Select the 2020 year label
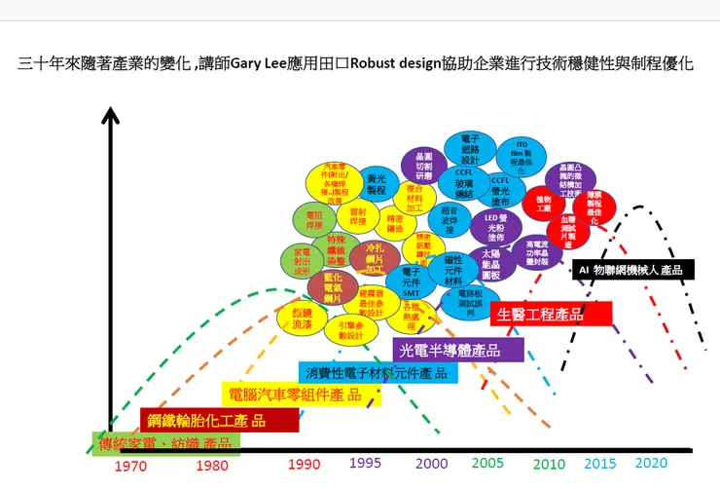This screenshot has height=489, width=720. pos(652,463)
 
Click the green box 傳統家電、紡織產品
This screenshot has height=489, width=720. pos(164,443)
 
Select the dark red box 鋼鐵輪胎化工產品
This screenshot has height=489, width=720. pos(219,420)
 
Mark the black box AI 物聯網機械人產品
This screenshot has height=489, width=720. pos(630,270)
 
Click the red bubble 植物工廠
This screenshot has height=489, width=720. pos(543,204)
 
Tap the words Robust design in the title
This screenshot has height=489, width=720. pos(437,66)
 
